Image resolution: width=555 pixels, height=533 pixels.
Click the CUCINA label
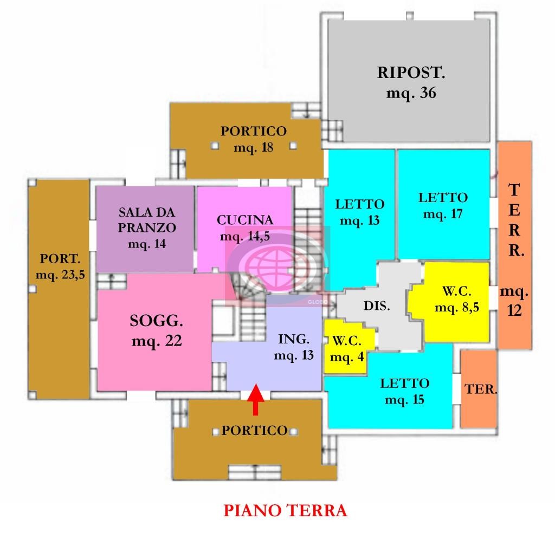245,220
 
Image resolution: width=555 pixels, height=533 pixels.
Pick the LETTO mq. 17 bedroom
443,205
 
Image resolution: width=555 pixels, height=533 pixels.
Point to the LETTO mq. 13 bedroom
360,212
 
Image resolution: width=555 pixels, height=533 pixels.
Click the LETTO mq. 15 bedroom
405,392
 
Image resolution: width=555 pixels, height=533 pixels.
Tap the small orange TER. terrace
479,389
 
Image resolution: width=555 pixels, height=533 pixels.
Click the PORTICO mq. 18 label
253,139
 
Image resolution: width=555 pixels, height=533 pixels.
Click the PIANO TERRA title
285,510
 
